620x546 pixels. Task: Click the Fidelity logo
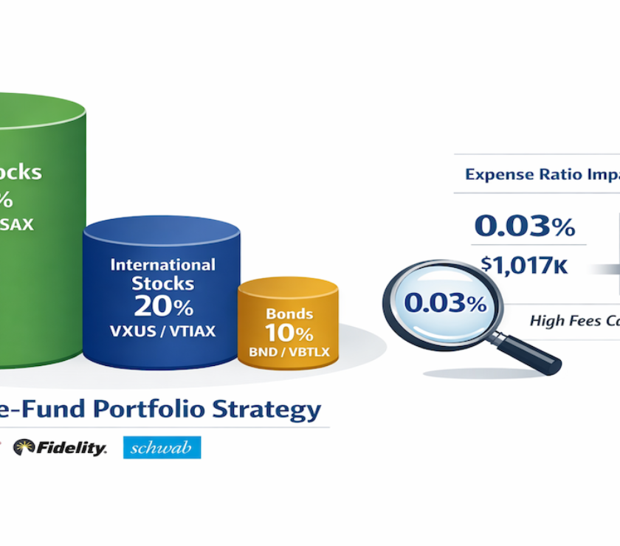pyautogui.click(x=60, y=448)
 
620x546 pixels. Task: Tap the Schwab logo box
pyautogui.click(x=162, y=448)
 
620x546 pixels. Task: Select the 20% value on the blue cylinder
pyautogui.click(x=163, y=305)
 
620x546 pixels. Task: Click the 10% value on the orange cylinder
pyautogui.click(x=288, y=334)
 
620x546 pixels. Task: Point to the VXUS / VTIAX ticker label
pyautogui.click(x=163, y=332)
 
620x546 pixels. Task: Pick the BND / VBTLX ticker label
pyautogui.click(x=288, y=352)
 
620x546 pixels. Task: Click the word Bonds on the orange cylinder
pyautogui.click(x=288, y=314)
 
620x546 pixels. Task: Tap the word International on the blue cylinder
pyautogui.click(x=163, y=264)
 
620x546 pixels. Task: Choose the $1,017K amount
pyautogui.click(x=524, y=265)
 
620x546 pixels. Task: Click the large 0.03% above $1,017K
pyautogui.click(x=524, y=227)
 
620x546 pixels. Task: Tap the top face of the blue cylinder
pyautogui.click(x=163, y=230)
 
